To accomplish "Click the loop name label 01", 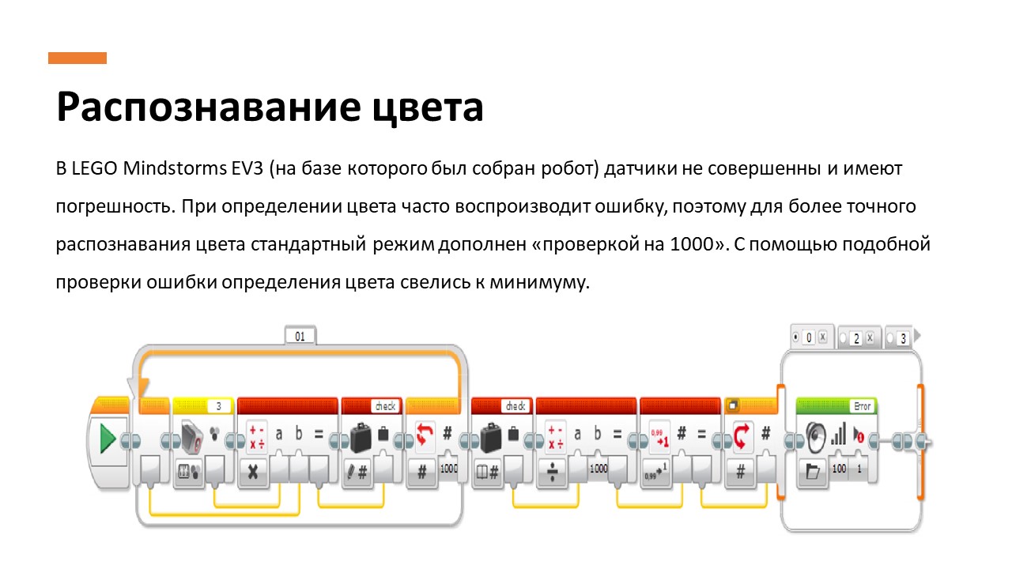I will click(300, 336).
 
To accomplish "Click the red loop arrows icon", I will click(425, 433).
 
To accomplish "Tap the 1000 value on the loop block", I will click(449, 468).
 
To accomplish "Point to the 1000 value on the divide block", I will click(599, 468).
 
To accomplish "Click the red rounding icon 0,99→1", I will click(658, 435).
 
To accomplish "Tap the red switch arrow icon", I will click(741, 434).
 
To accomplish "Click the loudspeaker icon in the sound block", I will click(816, 435).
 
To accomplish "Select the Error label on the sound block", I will click(861, 406).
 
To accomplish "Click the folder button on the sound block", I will click(812, 473).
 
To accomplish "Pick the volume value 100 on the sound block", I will click(839, 469).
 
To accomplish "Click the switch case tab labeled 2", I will click(856, 337).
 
